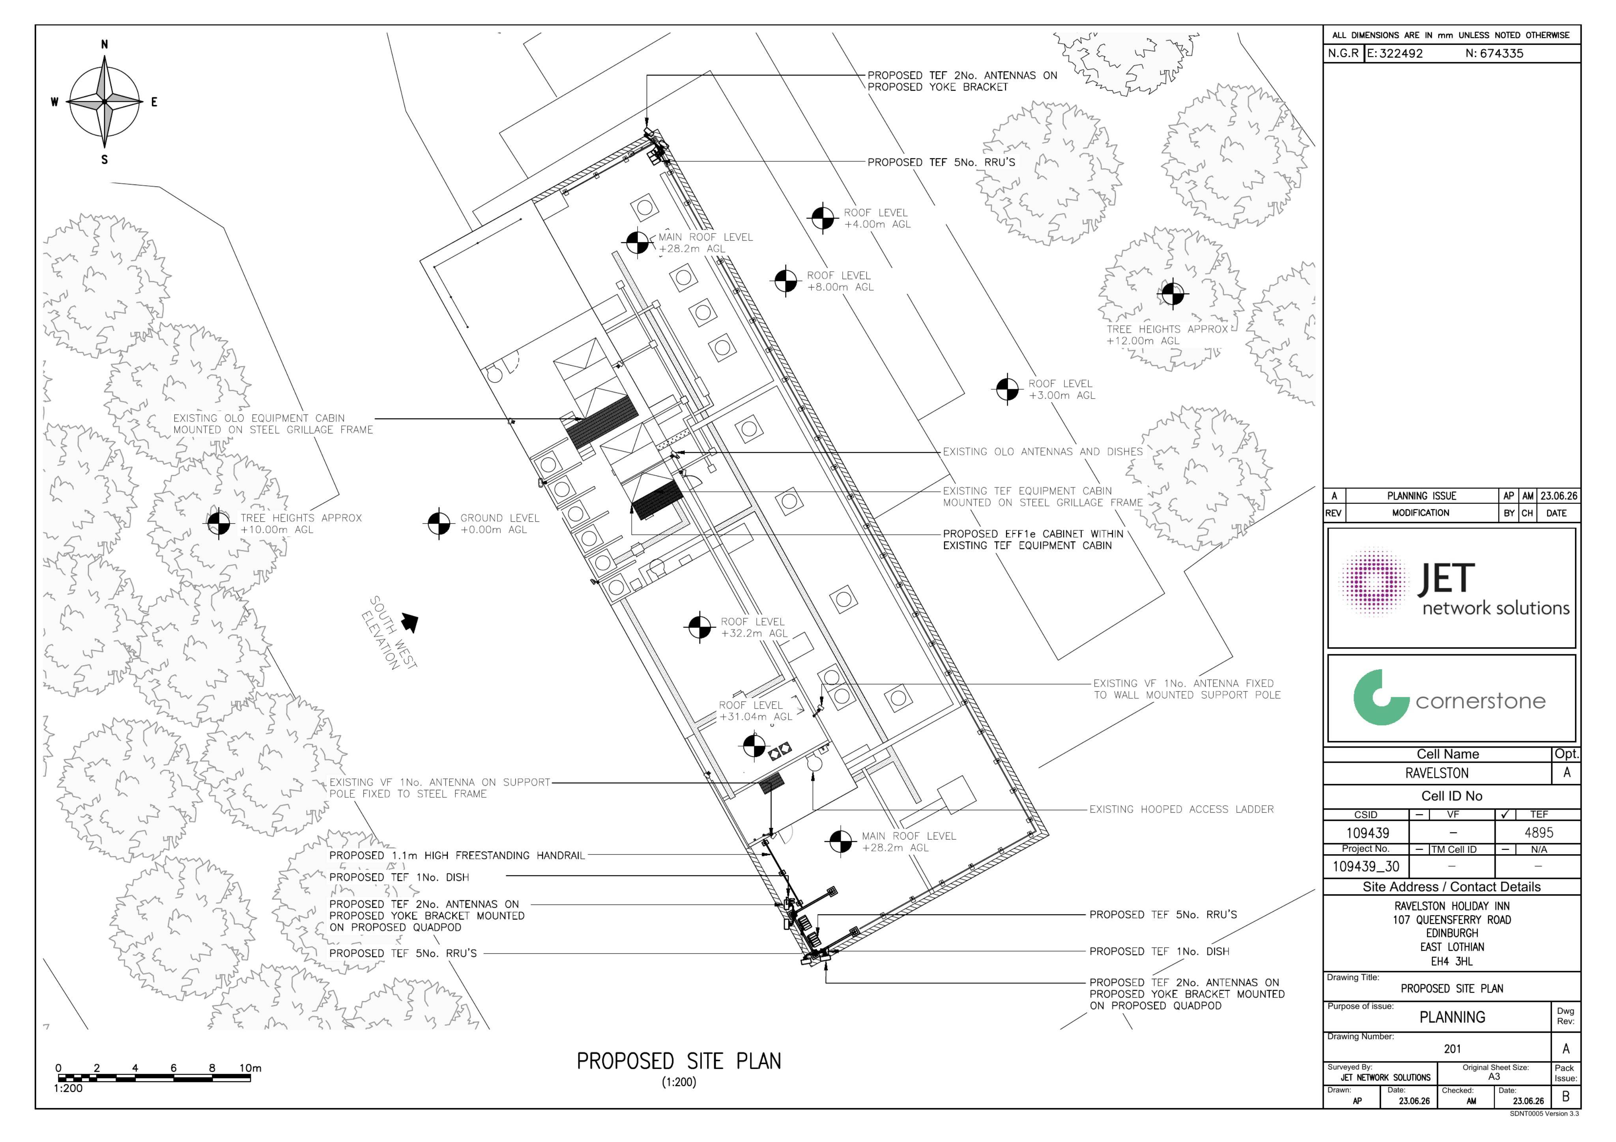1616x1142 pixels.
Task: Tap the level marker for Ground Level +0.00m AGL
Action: (438, 524)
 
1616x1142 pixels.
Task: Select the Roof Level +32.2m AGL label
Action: (752, 628)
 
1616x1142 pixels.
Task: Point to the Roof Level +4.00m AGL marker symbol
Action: (822, 218)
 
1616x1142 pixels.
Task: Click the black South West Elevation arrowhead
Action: (410, 622)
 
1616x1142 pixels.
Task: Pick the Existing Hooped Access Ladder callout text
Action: (1182, 809)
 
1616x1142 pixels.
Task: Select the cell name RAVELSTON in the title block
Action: (1437, 773)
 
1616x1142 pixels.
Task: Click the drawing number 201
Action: (1453, 1049)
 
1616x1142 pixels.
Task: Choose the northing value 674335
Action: (1502, 54)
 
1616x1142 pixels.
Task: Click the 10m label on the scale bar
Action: (250, 1068)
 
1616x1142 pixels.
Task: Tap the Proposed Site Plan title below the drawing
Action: (679, 1061)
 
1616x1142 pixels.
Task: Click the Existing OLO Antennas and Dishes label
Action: (1042, 452)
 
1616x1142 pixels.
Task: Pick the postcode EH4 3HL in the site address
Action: (1451, 961)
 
